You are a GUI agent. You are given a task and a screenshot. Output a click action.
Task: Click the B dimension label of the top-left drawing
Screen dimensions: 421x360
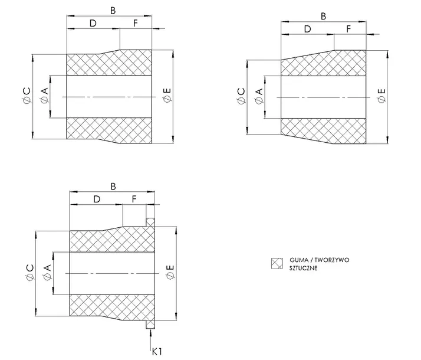coord(113,11)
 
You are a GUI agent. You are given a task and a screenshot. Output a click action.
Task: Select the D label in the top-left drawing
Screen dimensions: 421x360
coord(93,24)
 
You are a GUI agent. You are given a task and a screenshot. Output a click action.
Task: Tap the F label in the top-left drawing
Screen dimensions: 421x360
coord(136,24)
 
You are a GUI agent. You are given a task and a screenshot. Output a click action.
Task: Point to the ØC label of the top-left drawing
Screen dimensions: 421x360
coord(27,96)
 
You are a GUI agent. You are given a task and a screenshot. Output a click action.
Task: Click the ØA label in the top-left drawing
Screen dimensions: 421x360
coord(45,96)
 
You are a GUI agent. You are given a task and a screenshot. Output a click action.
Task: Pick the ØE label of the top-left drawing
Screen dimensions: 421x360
coord(167,96)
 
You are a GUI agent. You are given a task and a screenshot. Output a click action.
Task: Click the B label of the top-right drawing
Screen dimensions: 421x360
coord(323,17)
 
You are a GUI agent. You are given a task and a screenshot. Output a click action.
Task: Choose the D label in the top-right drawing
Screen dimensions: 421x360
coord(307,29)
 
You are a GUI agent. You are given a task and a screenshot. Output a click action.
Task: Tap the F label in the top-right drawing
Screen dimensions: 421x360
coord(348,29)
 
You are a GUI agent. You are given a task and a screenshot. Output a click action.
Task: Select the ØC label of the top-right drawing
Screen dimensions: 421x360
coord(241,96)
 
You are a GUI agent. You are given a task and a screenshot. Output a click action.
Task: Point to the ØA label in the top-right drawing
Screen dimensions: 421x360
coord(259,96)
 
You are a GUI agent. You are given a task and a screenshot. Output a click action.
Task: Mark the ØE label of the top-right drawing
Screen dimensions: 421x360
coord(381,96)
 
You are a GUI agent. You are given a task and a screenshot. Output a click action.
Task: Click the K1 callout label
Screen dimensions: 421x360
coord(157,351)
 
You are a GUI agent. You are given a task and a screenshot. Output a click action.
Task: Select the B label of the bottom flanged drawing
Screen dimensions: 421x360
coord(113,186)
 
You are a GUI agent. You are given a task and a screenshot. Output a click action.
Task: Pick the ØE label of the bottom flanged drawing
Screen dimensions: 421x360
coord(170,273)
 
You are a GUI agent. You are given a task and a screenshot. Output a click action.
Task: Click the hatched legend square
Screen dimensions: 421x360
coord(277,263)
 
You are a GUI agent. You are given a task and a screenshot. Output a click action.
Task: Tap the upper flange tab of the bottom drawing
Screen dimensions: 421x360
coord(150,222)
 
